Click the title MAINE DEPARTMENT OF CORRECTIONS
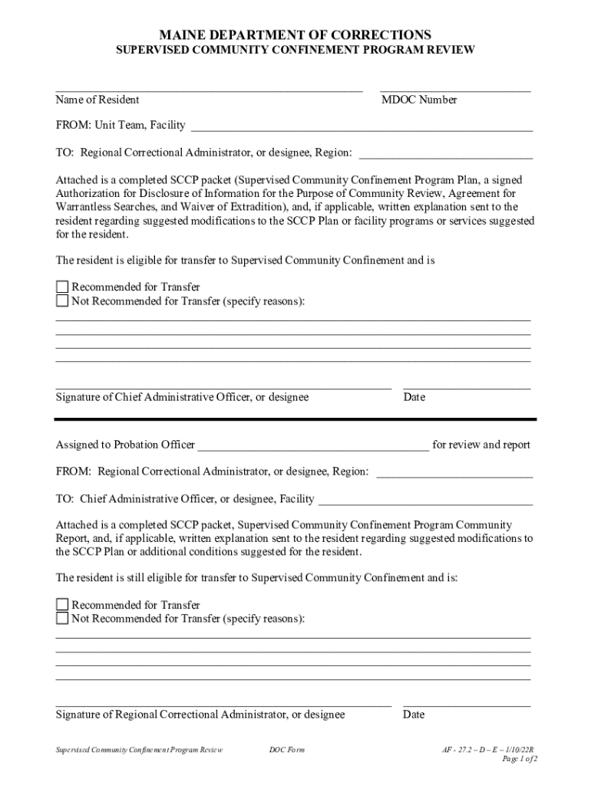pos(295,34)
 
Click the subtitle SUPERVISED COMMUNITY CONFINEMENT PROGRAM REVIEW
pos(295,51)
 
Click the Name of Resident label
pos(97,100)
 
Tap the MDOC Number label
pos(419,100)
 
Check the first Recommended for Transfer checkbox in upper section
pos(62,287)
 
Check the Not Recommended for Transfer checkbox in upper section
pos(62,301)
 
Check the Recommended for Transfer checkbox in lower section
pos(62,606)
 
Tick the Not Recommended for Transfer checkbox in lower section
pos(62,619)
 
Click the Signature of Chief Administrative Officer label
pos(182,397)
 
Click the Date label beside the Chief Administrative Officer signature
pos(414,397)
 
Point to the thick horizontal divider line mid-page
pos(295,419)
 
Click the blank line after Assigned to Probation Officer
pos(313,446)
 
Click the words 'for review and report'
pos(481,445)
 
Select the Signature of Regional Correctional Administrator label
pos(200,714)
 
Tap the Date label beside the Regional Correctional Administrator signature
pos(414,714)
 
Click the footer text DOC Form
pos(286,750)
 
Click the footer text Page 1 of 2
pos(519,759)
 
